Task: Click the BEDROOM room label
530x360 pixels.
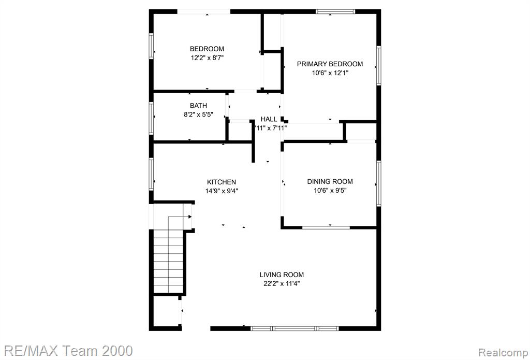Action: pos(207,49)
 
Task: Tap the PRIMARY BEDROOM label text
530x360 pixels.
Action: pos(330,64)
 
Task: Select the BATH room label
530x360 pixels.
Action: pos(198,106)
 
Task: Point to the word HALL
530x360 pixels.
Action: pos(269,119)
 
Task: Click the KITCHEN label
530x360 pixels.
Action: pos(222,182)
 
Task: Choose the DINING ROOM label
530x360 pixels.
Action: pos(330,182)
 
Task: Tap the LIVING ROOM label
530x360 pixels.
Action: pos(282,275)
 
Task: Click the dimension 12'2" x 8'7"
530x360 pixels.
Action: pos(207,58)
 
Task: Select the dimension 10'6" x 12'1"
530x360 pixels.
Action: pos(330,73)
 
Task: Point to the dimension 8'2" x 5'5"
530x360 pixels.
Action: pos(198,114)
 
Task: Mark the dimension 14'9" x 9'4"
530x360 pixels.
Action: pos(222,191)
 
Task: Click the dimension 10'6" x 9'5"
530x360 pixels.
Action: pos(330,191)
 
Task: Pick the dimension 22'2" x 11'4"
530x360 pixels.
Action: pos(282,283)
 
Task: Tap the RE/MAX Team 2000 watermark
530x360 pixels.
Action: pos(67,351)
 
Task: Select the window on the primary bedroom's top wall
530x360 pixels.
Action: pos(335,11)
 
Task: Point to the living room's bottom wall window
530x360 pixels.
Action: pos(295,328)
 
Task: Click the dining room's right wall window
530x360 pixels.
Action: pos(379,183)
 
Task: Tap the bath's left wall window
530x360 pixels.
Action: pos(152,119)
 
